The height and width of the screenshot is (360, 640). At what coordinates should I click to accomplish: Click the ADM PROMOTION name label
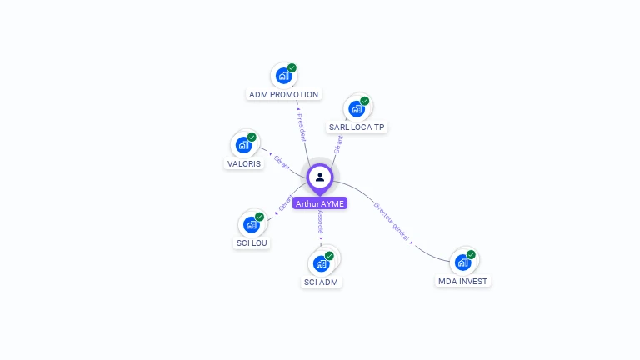pos(284,95)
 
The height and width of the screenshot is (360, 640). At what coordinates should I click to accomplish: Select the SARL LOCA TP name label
pos(357,127)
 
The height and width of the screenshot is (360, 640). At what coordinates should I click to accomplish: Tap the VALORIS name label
pos(245,164)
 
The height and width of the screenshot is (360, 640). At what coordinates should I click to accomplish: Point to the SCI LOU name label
pos(252,243)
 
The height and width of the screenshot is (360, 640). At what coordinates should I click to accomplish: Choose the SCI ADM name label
pos(322,282)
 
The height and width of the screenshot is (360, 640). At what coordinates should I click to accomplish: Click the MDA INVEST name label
pos(463,282)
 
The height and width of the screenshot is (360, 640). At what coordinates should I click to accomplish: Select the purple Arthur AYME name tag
pos(319,203)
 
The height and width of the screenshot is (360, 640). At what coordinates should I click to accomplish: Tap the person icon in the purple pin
pos(320,177)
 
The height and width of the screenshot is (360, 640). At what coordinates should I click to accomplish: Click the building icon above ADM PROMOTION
pos(283,76)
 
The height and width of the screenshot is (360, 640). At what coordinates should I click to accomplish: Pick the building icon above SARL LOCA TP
pos(357,108)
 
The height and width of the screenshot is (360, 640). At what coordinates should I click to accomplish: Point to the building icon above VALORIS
pos(244,145)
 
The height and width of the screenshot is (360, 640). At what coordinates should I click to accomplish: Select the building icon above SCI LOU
pos(252,224)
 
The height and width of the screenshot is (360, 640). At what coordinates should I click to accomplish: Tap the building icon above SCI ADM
pos(321,263)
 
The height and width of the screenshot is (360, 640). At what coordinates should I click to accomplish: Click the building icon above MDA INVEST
pos(463,262)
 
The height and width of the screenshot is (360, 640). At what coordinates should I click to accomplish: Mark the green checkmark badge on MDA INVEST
pos(471,254)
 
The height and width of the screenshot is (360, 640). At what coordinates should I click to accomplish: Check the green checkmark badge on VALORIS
pos(252,137)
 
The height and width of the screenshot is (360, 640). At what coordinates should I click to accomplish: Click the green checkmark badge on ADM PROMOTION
pos(292,67)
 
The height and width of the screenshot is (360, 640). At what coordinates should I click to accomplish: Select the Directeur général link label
pos(392,221)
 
